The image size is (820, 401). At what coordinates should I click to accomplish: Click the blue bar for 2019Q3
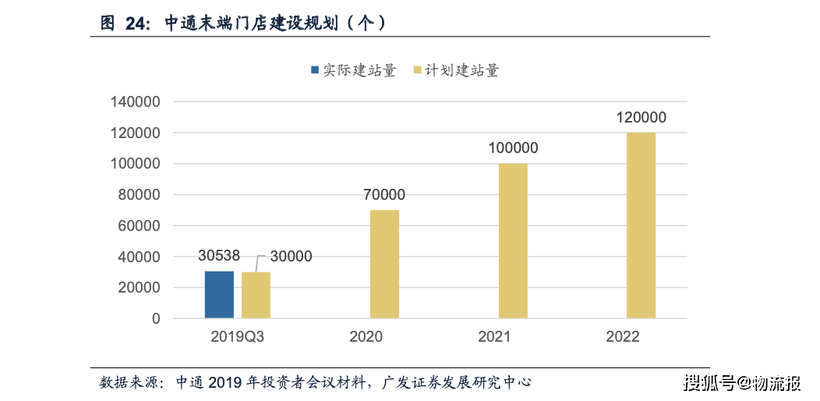219,295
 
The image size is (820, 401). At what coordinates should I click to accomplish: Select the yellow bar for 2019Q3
256,296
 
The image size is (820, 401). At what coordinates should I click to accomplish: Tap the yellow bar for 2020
384,264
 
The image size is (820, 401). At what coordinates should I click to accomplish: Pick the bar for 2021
513,240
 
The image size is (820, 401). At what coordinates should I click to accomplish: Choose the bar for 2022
641,225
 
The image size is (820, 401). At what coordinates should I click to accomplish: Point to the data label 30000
290,256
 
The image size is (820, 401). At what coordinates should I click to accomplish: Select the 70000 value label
383,195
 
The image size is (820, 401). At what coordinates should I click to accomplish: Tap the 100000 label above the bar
512,148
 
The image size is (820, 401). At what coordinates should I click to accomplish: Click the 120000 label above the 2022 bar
641,118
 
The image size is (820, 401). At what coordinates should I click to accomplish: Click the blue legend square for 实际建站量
315,71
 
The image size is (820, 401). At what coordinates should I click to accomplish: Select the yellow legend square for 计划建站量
418,71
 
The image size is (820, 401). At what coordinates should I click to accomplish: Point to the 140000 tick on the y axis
135,102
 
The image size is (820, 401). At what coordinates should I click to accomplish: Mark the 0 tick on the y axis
156,318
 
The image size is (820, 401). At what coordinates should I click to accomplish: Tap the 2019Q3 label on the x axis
237,337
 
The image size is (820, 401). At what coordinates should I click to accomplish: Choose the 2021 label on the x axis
493,337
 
